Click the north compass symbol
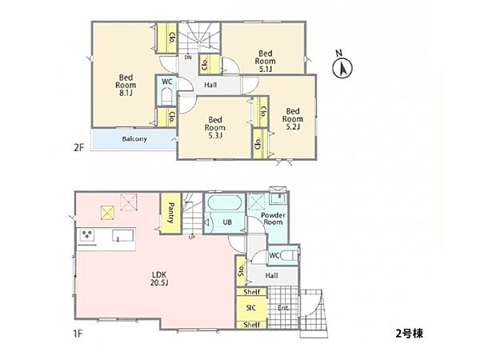(x=342, y=66)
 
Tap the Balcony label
(x=134, y=139)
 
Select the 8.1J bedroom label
(x=126, y=86)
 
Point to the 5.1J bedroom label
(x=266, y=62)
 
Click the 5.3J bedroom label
(x=215, y=128)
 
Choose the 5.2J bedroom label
(x=293, y=118)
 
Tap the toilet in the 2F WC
(x=166, y=96)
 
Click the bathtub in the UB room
(x=224, y=203)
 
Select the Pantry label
(x=171, y=213)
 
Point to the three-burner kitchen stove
(x=87, y=234)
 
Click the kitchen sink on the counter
(x=122, y=236)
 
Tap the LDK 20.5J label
(x=159, y=278)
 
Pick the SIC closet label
(x=251, y=308)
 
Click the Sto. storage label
(x=242, y=271)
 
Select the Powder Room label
(x=273, y=218)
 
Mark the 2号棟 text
(x=409, y=334)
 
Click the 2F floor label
(x=78, y=148)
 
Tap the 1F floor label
(x=78, y=334)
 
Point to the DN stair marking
(x=188, y=58)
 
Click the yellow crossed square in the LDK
(x=107, y=213)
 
